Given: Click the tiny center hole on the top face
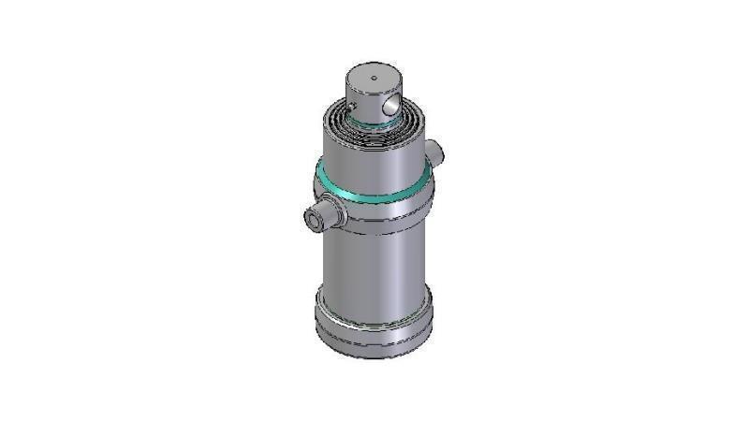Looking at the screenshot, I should (x=373, y=77).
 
